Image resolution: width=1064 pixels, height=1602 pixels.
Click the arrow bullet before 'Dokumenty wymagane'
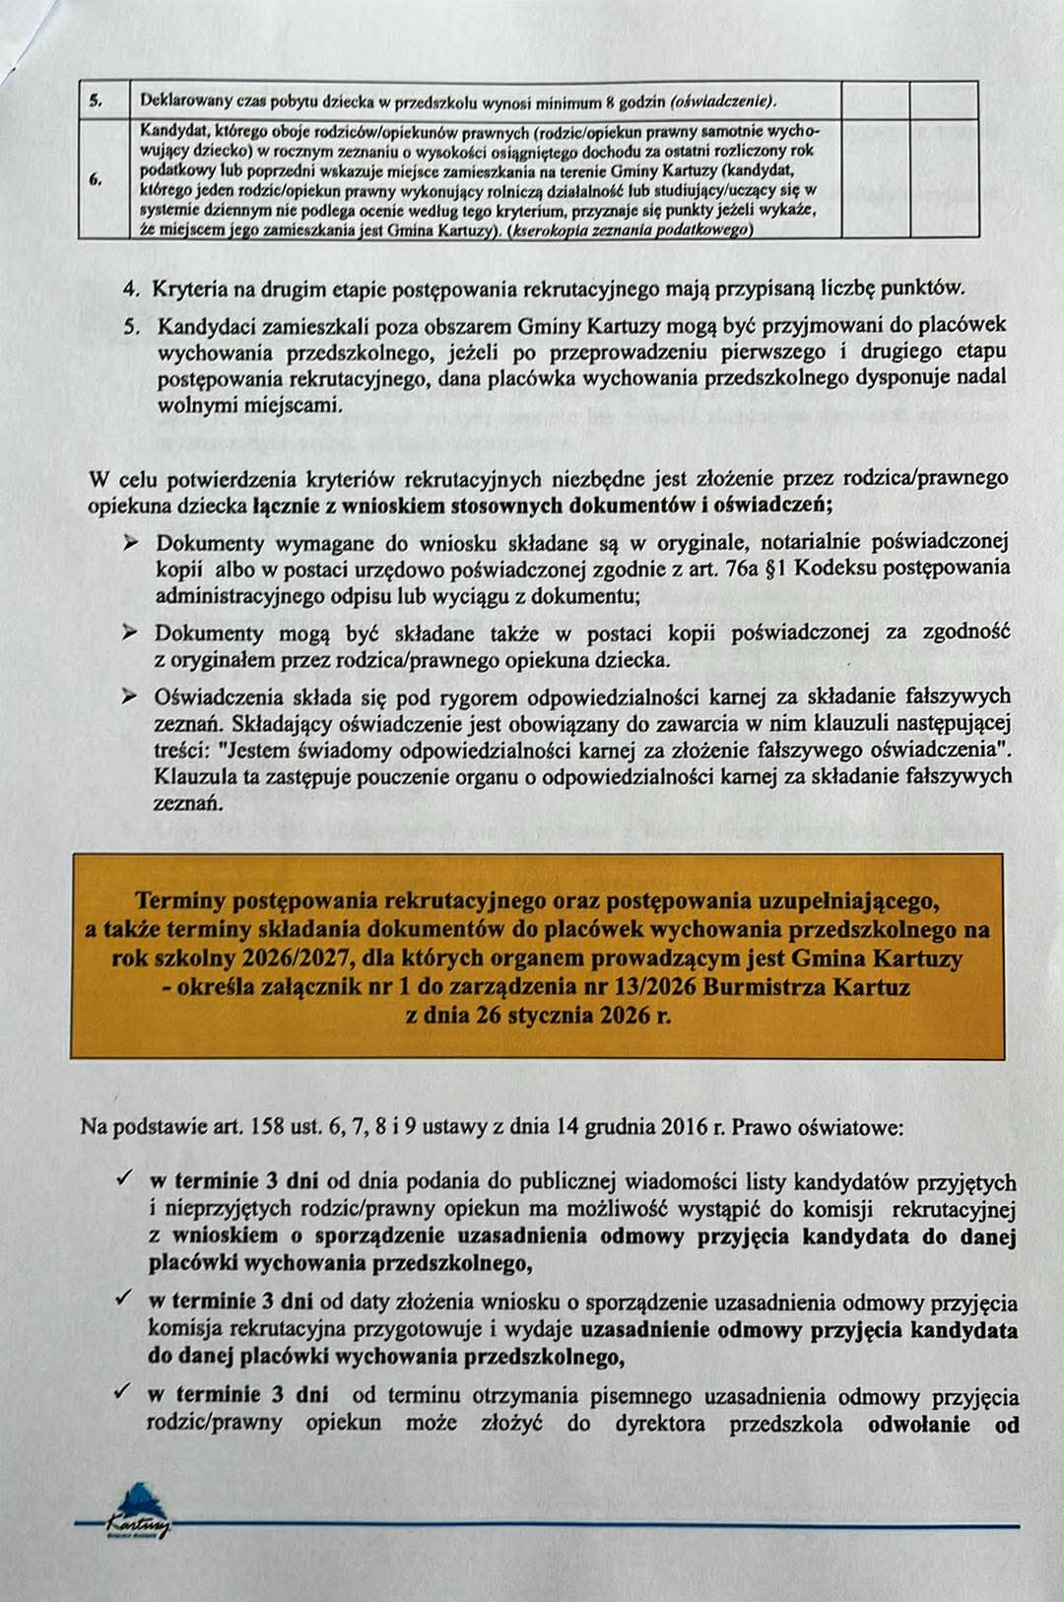128,543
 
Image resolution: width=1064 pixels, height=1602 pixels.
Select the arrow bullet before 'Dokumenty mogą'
128,633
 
